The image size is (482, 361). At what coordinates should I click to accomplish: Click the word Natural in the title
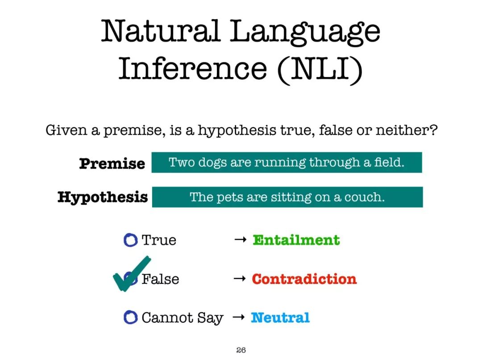coord(161,31)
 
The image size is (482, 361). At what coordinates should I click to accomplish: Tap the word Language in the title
coord(305,33)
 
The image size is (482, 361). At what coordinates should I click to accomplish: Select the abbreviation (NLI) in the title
coord(320,69)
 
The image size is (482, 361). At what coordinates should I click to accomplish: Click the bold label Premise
coord(112,163)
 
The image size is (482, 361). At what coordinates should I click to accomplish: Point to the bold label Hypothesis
coord(103,197)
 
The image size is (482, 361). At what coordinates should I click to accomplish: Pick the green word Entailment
coord(296,240)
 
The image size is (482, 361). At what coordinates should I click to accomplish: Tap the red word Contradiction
coord(304,279)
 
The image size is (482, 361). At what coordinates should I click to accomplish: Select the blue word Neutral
coord(280,318)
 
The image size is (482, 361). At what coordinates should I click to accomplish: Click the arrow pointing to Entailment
coord(240,239)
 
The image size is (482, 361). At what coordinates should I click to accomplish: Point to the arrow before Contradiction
coord(240,279)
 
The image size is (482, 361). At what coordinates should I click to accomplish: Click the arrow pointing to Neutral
coord(238,317)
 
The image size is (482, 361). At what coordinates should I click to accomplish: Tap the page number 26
coord(241,350)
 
